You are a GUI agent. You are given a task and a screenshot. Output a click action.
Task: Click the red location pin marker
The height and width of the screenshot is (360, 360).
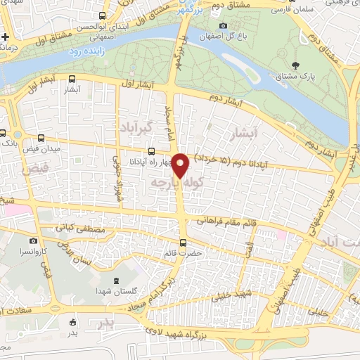click(x=181, y=165)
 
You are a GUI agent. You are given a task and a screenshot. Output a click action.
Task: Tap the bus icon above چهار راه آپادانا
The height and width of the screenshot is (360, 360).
click(x=152, y=150)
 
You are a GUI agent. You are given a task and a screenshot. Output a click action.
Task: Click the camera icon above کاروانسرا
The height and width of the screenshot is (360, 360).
click(x=33, y=241)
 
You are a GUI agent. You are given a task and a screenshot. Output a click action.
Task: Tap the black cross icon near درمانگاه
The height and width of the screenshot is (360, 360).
click(x=6, y=36)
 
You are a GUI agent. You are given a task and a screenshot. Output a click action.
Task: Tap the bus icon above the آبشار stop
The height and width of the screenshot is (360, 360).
click(x=73, y=79)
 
